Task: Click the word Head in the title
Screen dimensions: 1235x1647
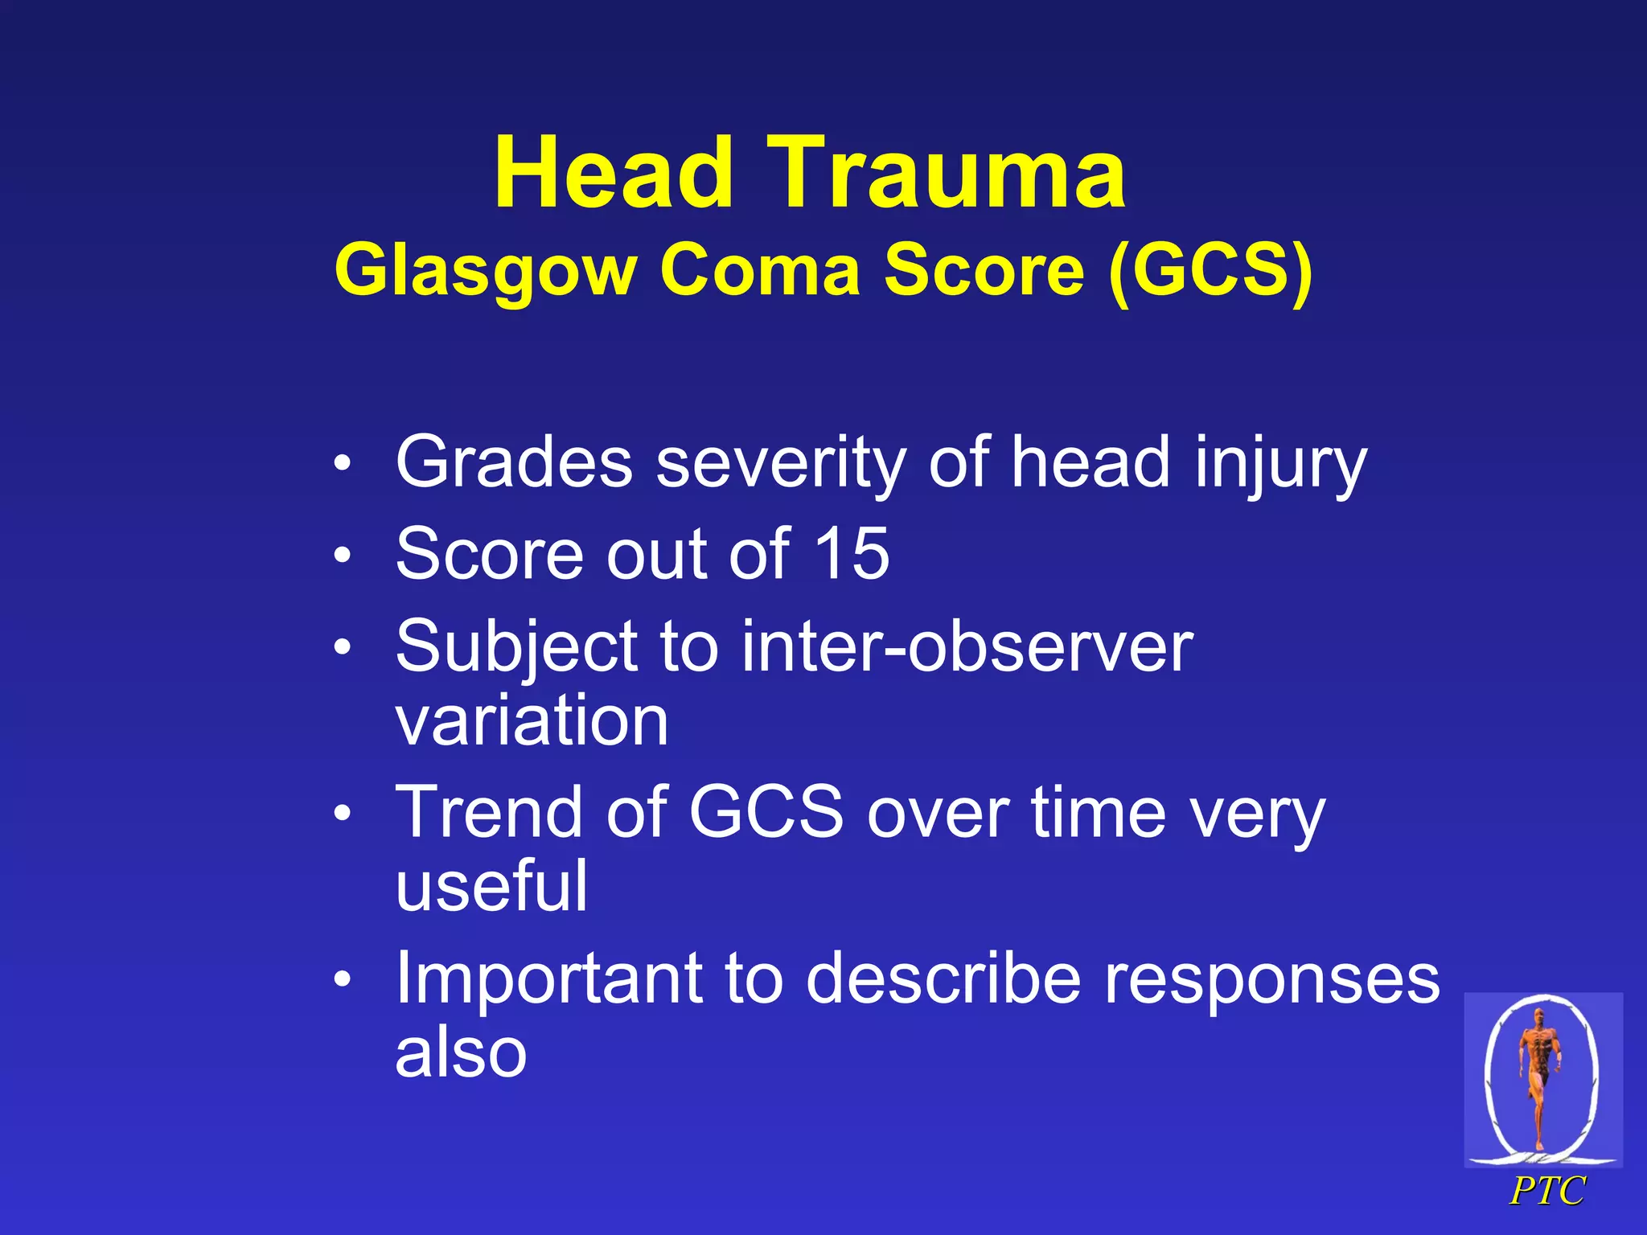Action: (x=613, y=173)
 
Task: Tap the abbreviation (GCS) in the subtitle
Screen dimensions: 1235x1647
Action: (x=1210, y=270)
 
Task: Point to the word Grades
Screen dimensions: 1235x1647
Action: (x=515, y=462)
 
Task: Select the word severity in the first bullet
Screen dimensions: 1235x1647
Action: (x=781, y=464)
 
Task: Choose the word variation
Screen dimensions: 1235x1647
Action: (x=532, y=720)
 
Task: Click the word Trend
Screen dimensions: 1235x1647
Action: (x=491, y=812)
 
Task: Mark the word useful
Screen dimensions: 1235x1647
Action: (x=491, y=885)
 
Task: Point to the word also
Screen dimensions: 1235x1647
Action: (x=461, y=1052)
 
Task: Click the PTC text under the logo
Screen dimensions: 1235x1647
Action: (x=1546, y=1192)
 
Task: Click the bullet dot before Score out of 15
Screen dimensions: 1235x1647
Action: (x=343, y=555)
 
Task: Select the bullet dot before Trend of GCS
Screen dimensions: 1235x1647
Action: (x=343, y=814)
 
